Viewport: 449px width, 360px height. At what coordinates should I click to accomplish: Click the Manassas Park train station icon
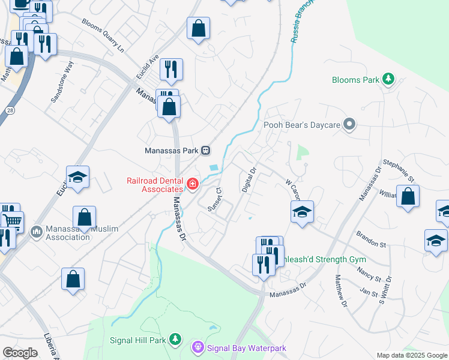point(205,150)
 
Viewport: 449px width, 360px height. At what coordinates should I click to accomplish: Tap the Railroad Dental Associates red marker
point(193,184)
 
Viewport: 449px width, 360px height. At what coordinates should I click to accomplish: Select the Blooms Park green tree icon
point(389,79)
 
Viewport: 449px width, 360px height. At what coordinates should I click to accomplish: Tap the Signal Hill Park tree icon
point(175,340)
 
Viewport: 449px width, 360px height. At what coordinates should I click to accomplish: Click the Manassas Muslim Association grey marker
point(37,231)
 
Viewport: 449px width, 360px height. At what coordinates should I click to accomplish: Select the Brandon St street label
point(370,239)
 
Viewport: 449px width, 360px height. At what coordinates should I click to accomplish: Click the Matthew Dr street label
point(341,291)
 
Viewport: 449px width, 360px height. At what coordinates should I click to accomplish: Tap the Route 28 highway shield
point(10,110)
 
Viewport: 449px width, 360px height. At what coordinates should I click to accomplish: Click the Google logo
point(20,353)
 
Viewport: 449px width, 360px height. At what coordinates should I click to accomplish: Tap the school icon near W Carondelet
point(302,211)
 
